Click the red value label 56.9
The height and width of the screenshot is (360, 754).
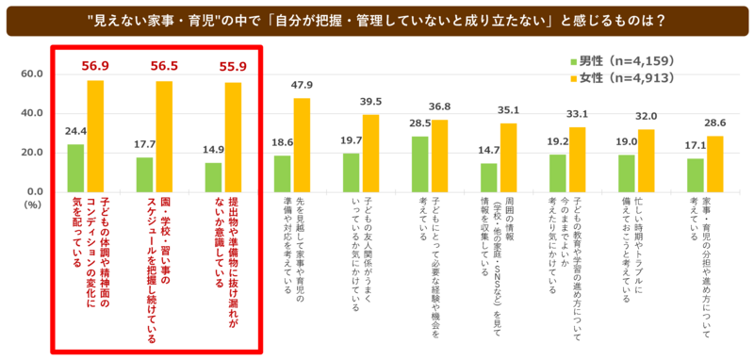point(95,66)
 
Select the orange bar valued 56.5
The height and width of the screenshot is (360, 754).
point(164,137)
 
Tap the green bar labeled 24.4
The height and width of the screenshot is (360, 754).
point(75,169)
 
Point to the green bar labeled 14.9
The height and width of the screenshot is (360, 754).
point(214,177)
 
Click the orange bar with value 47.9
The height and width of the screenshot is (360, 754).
point(302,145)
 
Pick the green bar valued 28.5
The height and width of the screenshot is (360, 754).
point(419,164)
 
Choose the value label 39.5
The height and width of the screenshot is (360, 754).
point(370,103)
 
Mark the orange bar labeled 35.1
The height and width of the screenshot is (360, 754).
point(508,157)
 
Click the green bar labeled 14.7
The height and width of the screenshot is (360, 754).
point(488,178)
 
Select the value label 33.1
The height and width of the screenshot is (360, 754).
point(578,115)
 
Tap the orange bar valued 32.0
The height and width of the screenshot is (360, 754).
point(647,161)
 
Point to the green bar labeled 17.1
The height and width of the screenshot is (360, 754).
point(696,175)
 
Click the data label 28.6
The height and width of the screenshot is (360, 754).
point(715,123)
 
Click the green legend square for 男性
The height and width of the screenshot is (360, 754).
point(573,61)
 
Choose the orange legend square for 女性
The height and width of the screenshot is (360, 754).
point(573,78)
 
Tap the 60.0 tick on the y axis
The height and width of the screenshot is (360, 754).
point(34,74)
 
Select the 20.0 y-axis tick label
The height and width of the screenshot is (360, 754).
point(34,153)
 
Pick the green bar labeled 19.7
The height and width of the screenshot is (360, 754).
point(351,173)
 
